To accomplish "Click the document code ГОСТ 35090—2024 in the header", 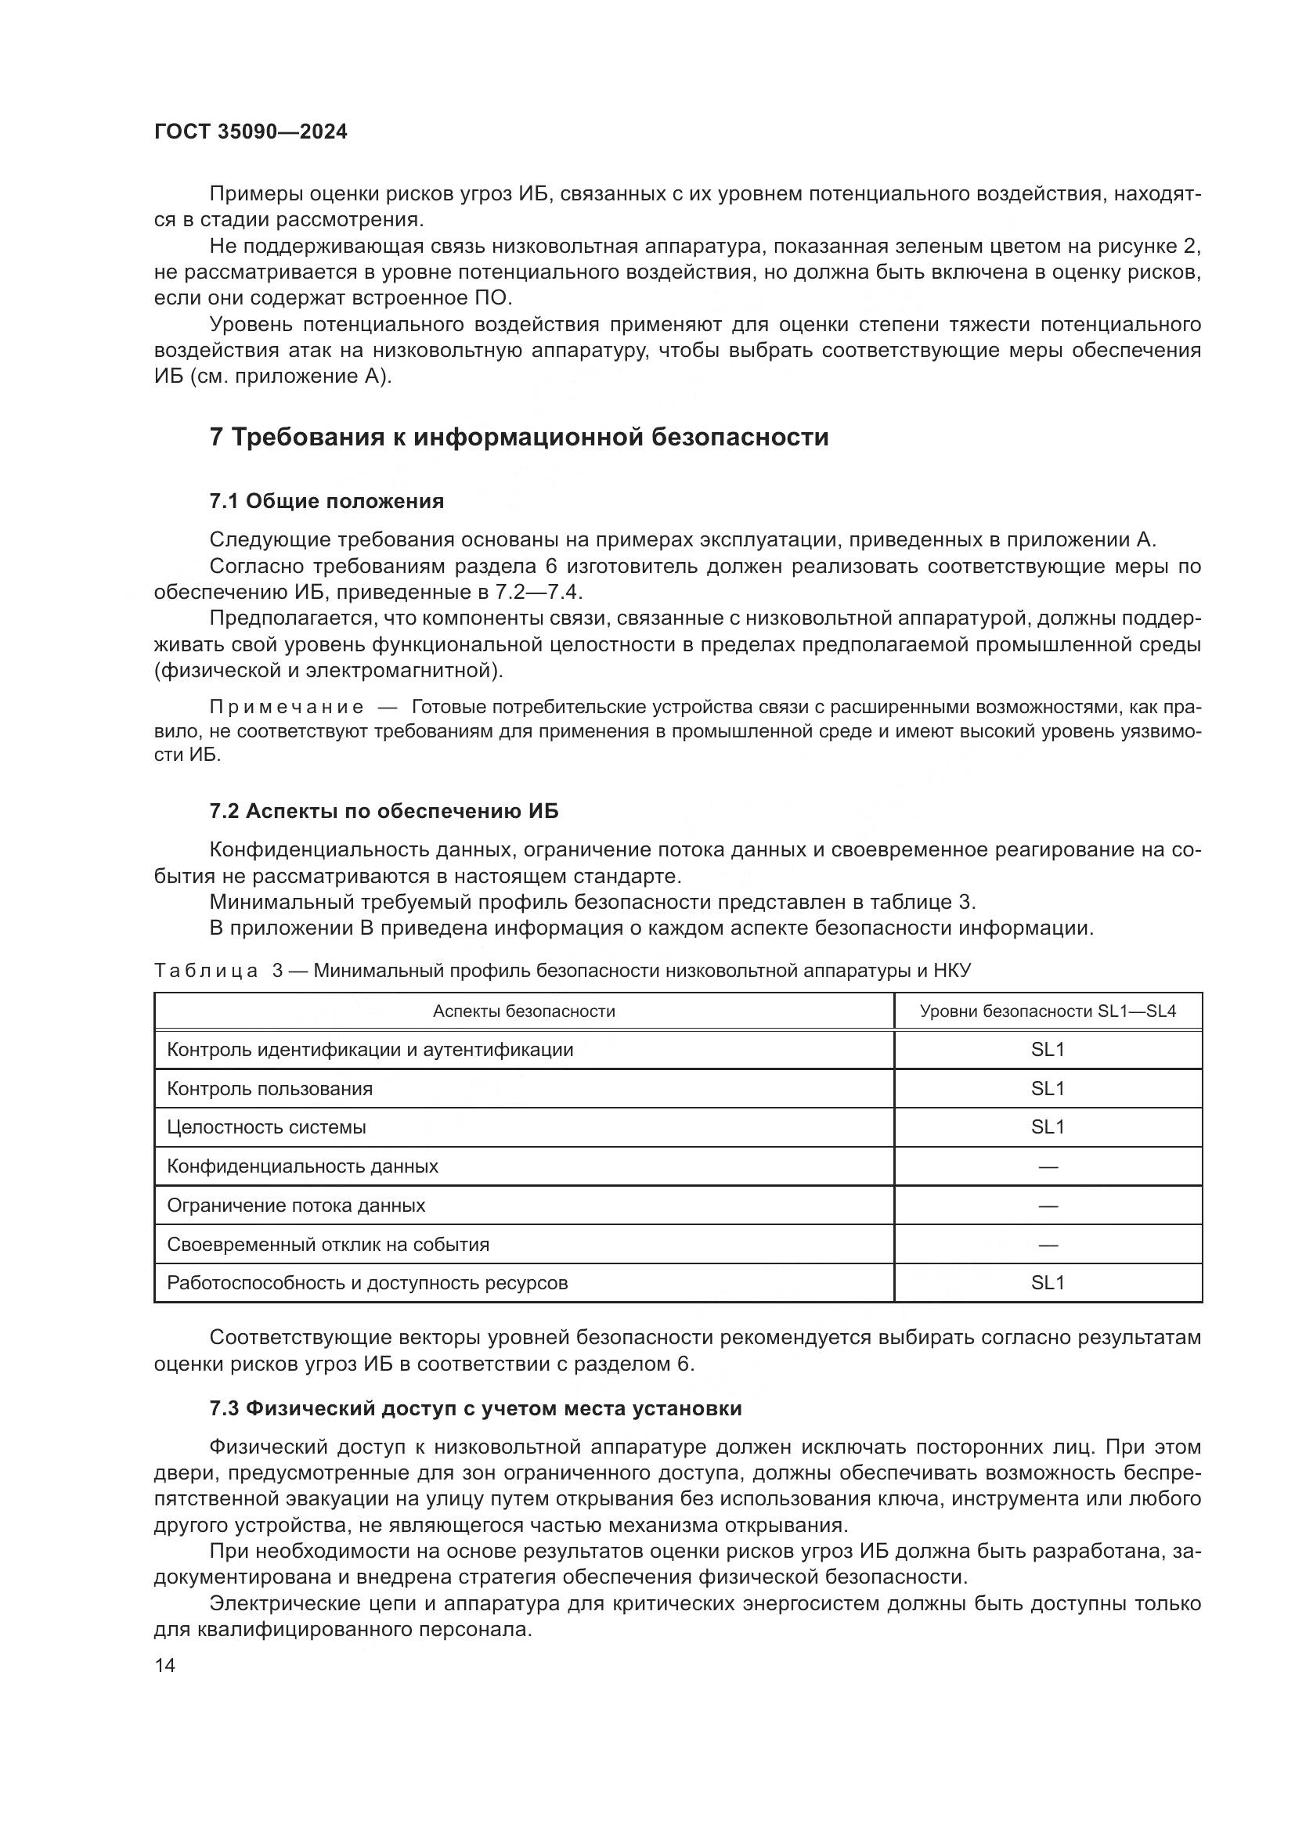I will (251, 132).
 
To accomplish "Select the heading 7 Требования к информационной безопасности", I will (519, 437).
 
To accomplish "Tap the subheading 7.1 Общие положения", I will (327, 501).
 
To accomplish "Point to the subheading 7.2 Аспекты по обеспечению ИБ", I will (384, 811).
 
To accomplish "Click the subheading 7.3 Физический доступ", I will (475, 1408).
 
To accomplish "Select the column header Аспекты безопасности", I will (524, 1011).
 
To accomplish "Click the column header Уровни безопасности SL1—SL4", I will (1048, 1011).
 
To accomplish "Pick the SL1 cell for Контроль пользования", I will (1048, 1089).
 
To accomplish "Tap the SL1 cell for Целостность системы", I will (1048, 1126).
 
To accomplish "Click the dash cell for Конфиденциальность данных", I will (1048, 1166).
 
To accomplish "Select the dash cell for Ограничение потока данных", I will (1048, 1206).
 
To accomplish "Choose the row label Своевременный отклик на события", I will (328, 1244).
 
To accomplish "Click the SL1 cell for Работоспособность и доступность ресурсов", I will (1048, 1283).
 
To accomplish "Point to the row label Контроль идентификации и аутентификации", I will (370, 1050).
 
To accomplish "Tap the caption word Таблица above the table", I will (206, 971).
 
